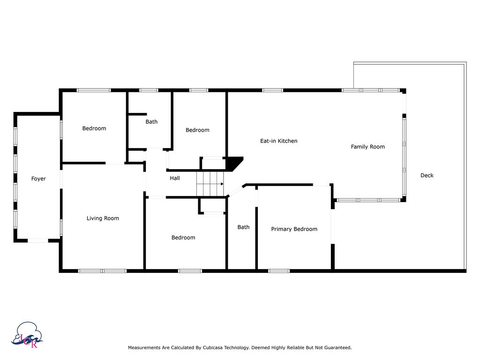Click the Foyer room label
(38, 179)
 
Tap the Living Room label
(103, 218)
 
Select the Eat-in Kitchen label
(278, 141)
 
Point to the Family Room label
(367, 147)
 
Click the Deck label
(427, 175)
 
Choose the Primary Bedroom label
(294, 229)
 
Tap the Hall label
(174, 178)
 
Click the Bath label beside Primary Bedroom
(243, 227)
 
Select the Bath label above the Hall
(151, 122)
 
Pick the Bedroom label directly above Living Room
(94, 128)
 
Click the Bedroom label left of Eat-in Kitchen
(197, 130)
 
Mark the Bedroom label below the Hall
(183, 238)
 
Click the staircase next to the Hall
(209, 184)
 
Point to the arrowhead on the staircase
(222, 184)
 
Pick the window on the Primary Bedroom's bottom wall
(279, 270)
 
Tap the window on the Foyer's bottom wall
(37, 240)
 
